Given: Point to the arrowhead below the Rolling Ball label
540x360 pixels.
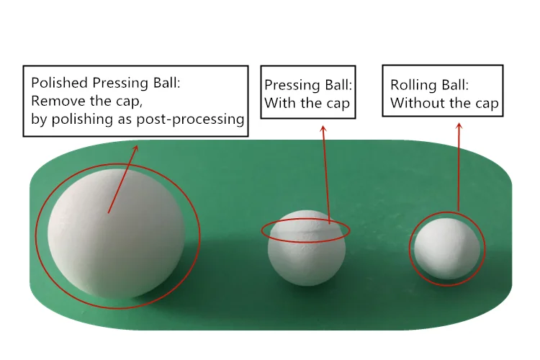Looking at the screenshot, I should coord(459,127).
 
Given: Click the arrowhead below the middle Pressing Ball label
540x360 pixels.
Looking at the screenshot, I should coord(323,129).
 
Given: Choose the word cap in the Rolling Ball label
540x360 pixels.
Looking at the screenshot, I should coord(484,104).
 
